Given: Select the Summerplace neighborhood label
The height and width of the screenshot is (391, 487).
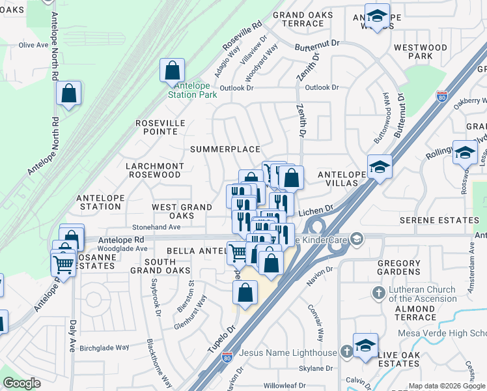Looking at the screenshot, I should [x=225, y=149].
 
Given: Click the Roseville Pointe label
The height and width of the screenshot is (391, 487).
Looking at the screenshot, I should [x=160, y=127].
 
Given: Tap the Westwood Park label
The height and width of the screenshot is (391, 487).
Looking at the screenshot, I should [x=421, y=52].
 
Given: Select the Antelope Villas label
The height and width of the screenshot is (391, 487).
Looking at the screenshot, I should [x=337, y=179].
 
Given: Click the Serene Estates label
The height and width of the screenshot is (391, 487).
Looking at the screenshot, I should [x=439, y=220].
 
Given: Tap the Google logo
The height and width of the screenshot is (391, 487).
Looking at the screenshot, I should [x=21, y=383].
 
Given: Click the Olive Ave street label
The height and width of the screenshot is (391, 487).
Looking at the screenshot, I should [x=35, y=45].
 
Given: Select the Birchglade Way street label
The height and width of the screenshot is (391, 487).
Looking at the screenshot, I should [x=104, y=347].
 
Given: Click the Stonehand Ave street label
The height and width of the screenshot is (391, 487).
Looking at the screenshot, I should [x=156, y=227].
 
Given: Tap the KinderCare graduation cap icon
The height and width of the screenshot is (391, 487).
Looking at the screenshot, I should [x=356, y=240].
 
